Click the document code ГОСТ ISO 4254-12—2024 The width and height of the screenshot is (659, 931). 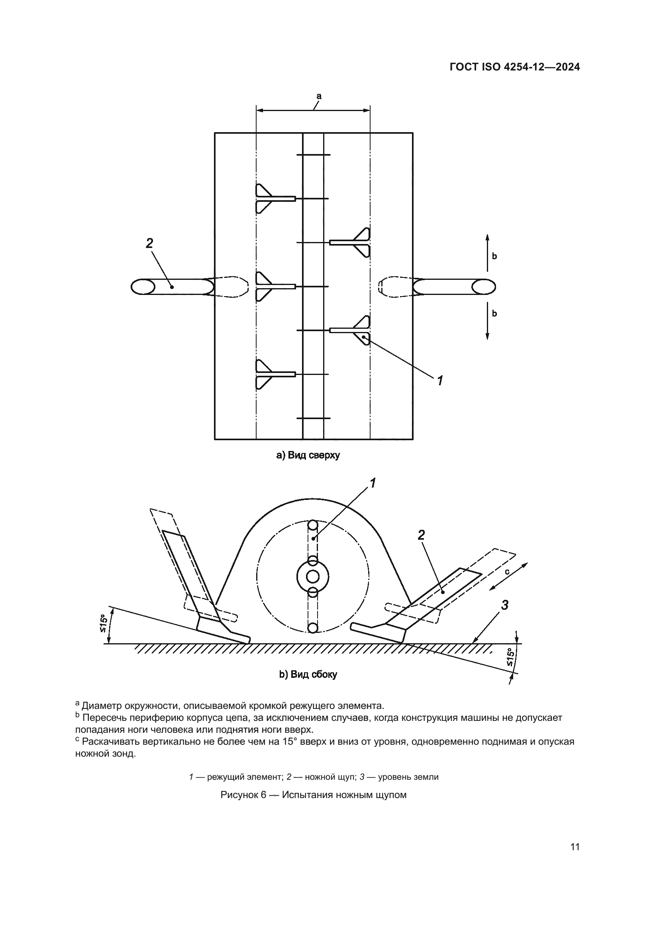pyautogui.click(x=514, y=67)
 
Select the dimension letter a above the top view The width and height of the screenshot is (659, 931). pyautogui.click(x=319, y=96)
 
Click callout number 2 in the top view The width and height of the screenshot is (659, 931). pyautogui.click(x=149, y=243)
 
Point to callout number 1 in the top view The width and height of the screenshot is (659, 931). pyautogui.click(x=439, y=381)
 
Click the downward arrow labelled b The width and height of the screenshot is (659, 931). pyautogui.click(x=487, y=322)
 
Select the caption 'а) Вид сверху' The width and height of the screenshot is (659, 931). pyautogui.click(x=308, y=455)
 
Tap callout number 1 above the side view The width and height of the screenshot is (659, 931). pyautogui.click(x=372, y=483)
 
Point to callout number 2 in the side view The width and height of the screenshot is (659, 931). pyautogui.click(x=421, y=535)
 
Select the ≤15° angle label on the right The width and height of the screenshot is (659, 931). pyautogui.click(x=510, y=658)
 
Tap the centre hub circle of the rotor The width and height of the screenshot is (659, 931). pyautogui.click(x=312, y=576)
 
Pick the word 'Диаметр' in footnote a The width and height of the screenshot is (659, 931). pyautogui.click(x=102, y=706)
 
